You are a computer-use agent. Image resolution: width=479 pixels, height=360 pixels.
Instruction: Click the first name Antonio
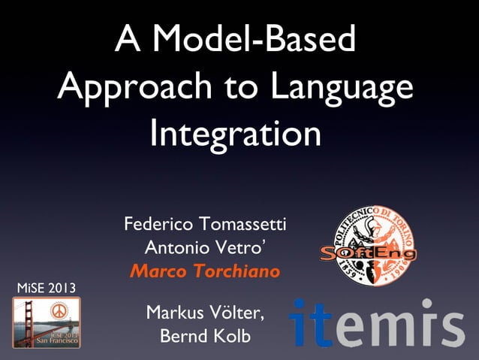[x=171, y=247]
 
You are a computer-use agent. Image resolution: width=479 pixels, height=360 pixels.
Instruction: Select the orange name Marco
[x=154, y=271]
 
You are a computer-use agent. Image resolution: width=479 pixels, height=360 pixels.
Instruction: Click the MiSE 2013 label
[x=46, y=288]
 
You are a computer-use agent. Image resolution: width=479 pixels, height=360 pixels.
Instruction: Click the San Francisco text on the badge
[x=46, y=340]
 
